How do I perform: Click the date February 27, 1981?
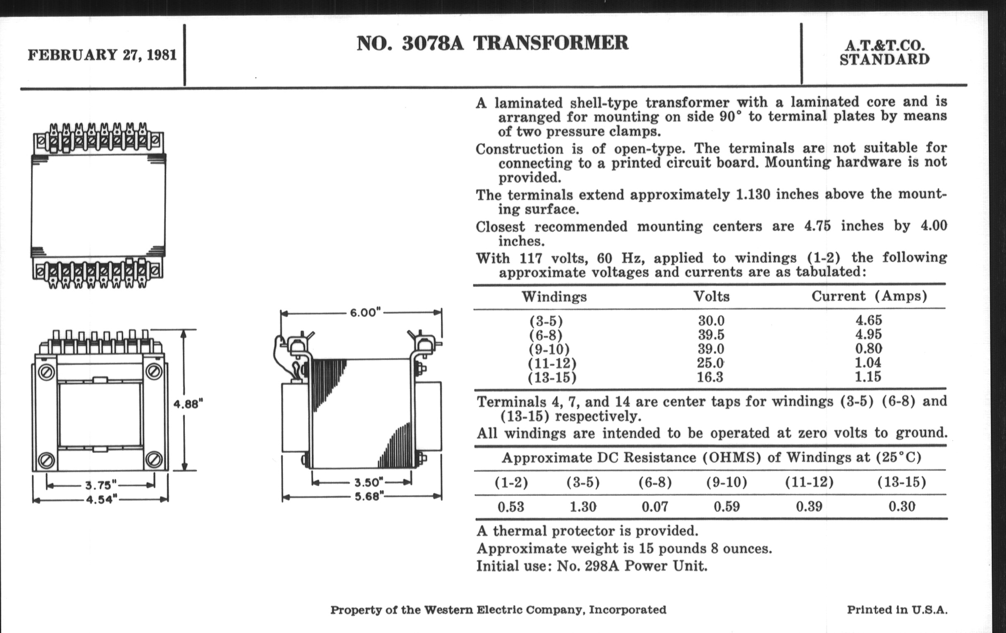click(102, 55)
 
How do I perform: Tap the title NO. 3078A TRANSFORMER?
click(492, 43)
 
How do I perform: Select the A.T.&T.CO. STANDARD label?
click(884, 53)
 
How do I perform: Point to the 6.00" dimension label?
click(365, 312)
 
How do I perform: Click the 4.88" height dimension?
click(188, 404)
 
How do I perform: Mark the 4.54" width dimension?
click(102, 499)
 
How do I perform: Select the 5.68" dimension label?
click(369, 496)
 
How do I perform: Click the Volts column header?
click(711, 296)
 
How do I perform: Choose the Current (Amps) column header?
click(869, 296)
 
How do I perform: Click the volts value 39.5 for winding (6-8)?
click(711, 335)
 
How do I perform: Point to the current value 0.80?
click(869, 348)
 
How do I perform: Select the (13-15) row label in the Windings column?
click(552, 377)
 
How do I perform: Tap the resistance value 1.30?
click(583, 507)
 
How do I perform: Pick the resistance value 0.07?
click(655, 507)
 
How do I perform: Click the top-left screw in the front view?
click(46, 371)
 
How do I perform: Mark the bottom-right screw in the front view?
click(153, 460)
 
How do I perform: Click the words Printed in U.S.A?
click(897, 610)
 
